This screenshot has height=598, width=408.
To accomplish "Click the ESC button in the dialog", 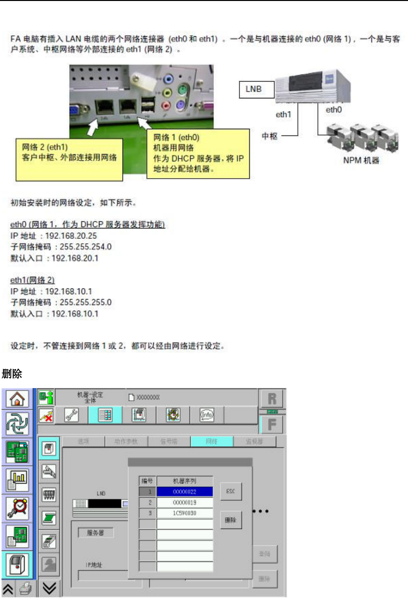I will (x=231, y=491).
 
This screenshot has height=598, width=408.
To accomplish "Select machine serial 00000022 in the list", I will (x=185, y=492).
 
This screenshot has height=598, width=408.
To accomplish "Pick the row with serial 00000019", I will (x=185, y=503).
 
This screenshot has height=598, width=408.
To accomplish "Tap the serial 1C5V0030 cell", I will (x=185, y=513).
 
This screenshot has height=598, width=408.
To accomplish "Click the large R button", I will (x=270, y=400).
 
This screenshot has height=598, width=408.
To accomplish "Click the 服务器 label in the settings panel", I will (x=93, y=533).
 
